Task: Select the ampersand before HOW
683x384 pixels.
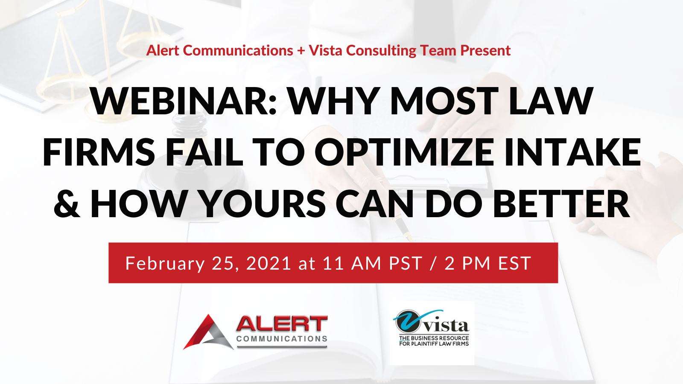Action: coord(67,203)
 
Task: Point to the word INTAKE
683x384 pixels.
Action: coord(572,151)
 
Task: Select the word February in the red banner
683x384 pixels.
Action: coord(165,264)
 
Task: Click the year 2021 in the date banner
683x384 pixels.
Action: coord(269,263)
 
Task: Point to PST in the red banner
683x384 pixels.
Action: coord(405,263)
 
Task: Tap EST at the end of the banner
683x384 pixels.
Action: coord(515,263)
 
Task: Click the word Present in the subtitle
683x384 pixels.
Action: coord(485,50)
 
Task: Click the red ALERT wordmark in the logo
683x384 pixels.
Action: coord(282,324)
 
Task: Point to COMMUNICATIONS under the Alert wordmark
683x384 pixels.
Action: coord(282,339)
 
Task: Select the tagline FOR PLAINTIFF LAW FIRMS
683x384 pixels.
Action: coord(434,344)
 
